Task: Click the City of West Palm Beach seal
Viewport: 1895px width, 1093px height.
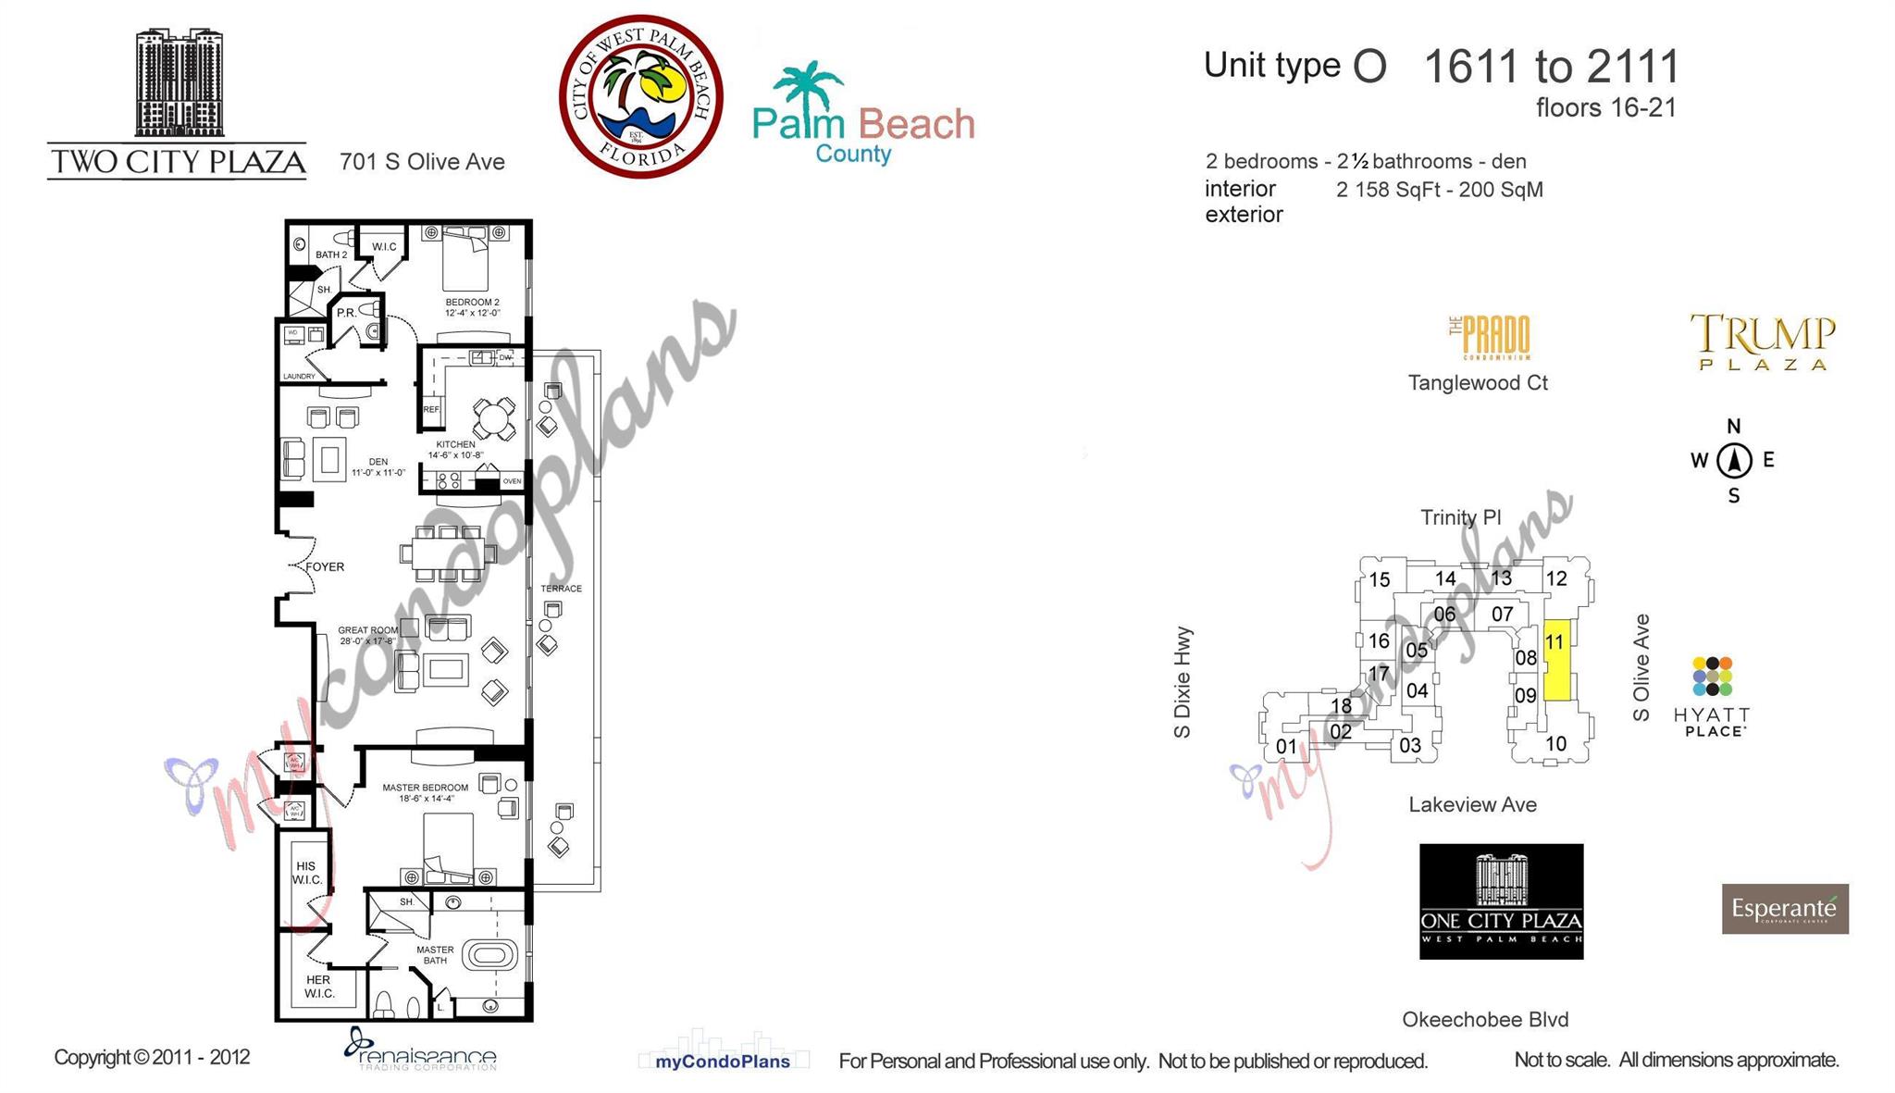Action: [640, 96]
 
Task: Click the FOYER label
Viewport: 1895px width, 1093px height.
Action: [325, 566]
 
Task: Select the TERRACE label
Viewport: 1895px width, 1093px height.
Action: [561, 589]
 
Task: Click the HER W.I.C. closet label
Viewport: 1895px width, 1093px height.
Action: [318, 987]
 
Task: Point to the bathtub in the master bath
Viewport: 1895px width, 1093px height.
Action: [489, 954]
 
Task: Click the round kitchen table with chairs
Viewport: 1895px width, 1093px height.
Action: [494, 419]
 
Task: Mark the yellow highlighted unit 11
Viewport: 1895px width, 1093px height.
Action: [1556, 660]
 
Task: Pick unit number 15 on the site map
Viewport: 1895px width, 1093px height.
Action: [1379, 580]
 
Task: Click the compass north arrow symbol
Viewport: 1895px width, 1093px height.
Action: [1734, 460]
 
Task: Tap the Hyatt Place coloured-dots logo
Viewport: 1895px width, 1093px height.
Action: [1712, 677]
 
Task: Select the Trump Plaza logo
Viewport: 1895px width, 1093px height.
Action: [1763, 342]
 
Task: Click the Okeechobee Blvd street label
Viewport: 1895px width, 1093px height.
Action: [1485, 1020]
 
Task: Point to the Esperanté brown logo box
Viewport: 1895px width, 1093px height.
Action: [1784, 909]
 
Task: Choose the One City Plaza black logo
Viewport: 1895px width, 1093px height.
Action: [1501, 901]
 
